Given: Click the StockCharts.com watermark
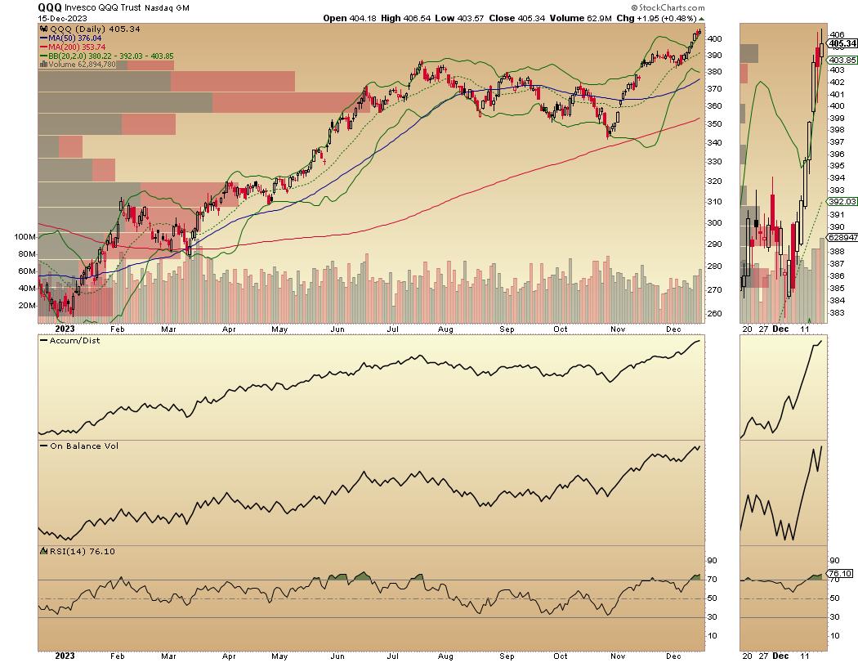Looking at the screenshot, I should [666, 7].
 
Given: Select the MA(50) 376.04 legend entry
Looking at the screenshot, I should [76, 37].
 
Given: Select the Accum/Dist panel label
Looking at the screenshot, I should [72, 339].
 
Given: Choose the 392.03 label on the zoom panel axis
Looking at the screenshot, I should [841, 201].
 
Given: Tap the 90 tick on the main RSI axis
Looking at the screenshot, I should [712, 561].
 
